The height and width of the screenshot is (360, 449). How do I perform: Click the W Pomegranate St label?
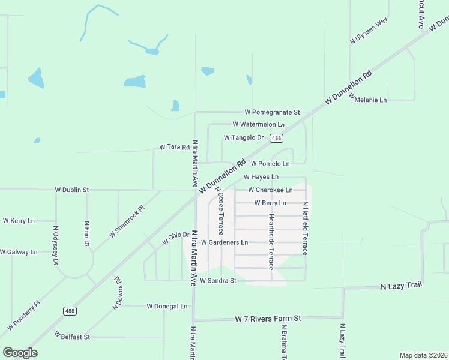[x=272, y=112]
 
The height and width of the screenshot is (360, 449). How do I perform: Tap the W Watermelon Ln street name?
[x=258, y=124]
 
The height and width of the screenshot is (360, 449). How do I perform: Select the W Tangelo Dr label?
[x=244, y=137]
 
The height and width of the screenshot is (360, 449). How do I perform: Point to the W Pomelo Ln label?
[x=270, y=163]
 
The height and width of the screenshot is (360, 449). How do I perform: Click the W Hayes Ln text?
[x=261, y=177]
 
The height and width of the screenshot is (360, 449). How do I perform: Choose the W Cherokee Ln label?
[x=270, y=190]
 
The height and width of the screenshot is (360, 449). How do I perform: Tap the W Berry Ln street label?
[x=270, y=203]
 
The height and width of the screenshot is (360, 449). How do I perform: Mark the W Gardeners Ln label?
[x=224, y=242]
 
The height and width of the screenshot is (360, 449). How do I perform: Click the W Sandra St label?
[x=218, y=280]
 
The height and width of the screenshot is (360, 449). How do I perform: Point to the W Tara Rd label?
[x=174, y=147]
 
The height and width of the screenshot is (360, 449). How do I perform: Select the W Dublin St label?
[x=71, y=190]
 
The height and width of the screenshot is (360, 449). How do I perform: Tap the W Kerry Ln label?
[x=19, y=221]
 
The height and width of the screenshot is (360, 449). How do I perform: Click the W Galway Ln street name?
[x=19, y=252]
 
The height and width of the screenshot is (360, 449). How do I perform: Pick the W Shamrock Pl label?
[x=127, y=221]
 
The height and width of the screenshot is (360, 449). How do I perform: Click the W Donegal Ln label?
[x=167, y=306]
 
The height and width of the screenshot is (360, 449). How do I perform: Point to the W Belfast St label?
[x=71, y=337]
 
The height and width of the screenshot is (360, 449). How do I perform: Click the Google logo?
[x=20, y=353]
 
